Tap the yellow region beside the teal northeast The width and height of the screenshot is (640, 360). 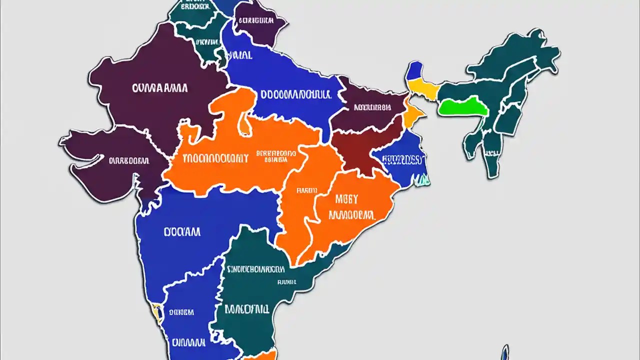424,90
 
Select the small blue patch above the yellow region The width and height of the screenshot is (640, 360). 414,70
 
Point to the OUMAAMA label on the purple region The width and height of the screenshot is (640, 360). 160,88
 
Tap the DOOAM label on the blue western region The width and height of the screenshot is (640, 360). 182,232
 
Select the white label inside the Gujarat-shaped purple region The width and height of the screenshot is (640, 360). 128,161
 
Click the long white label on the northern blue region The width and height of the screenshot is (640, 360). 295,94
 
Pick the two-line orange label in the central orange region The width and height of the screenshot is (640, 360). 275,156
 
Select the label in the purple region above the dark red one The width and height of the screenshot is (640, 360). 372,107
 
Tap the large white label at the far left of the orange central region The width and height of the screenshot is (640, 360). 215,159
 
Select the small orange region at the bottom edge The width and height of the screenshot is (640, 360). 260,355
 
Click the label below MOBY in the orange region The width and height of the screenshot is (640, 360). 351,215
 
